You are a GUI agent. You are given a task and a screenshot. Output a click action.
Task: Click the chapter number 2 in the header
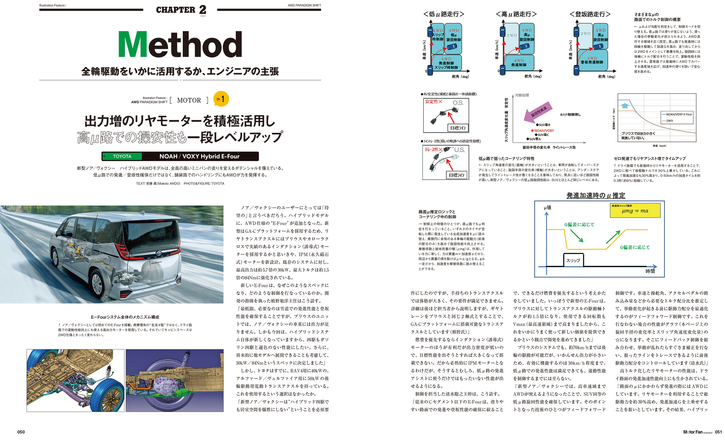[202, 10]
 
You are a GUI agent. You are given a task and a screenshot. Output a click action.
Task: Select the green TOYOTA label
[122, 156]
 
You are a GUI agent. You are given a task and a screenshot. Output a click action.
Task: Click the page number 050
[21, 432]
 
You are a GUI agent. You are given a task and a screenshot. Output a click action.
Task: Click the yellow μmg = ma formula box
[635, 211]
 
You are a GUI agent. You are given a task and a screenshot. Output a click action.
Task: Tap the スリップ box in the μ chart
[573, 260]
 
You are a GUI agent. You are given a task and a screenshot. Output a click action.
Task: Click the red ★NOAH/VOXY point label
[542, 130]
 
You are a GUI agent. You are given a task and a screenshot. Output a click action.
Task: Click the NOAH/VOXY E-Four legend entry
[679, 114]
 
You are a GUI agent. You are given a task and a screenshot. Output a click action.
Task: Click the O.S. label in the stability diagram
[458, 103]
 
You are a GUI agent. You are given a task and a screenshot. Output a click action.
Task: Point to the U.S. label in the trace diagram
[459, 150]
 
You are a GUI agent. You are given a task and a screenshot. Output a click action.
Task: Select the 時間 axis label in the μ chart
[650, 271]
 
